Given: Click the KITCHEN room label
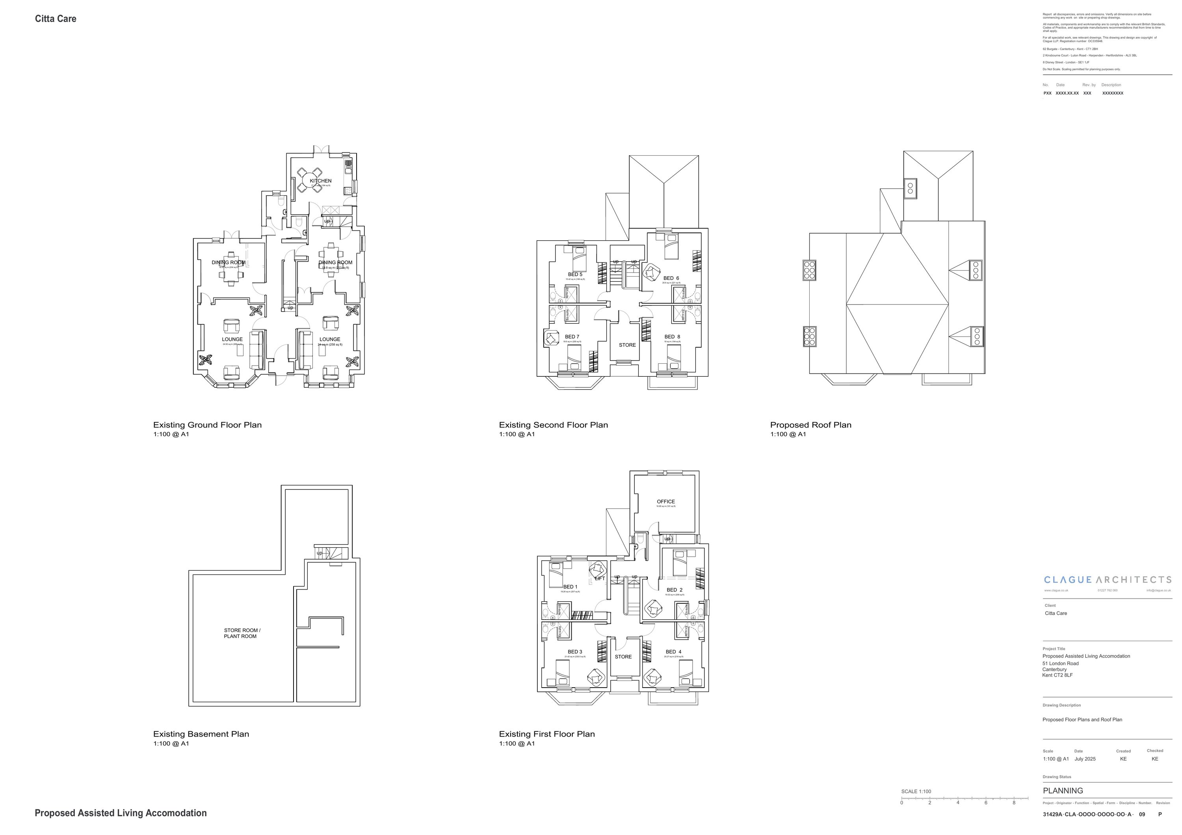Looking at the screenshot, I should [320, 181].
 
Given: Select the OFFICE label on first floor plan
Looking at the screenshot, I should [665, 501].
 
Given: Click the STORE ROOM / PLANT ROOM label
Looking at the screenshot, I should [242, 633].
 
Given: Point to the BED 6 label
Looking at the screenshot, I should [671, 278].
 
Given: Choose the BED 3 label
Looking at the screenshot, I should [574, 652].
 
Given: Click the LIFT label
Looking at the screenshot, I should [599, 578].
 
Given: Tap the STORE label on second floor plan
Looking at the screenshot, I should [626, 345].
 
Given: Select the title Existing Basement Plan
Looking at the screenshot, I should [201, 734].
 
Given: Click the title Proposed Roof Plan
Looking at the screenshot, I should [810, 425].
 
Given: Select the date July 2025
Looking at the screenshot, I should [1085, 759].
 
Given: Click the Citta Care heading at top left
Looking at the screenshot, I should [56, 19].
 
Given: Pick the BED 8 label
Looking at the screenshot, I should [672, 337].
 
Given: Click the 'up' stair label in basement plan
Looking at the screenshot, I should [319, 553].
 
